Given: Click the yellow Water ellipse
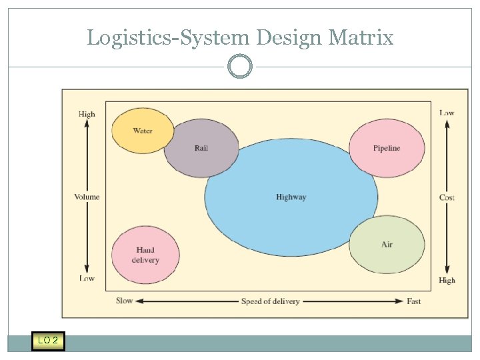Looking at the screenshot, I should click(x=142, y=131).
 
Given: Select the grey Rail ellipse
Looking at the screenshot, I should click(x=201, y=148).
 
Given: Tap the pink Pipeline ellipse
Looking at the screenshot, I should click(x=387, y=148).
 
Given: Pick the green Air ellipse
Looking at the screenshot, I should click(x=387, y=245).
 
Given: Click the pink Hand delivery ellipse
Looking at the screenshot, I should click(x=145, y=255).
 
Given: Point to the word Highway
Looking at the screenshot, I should click(x=291, y=197).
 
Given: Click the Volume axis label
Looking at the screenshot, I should click(x=87, y=197).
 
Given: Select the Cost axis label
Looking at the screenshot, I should click(x=447, y=197).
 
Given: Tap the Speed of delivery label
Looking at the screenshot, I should click(x=270, y=301).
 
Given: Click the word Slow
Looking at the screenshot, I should click(x=125, y=301).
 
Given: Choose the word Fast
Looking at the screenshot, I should click(x=414, y=301).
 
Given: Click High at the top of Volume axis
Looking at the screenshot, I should click(x=87, y=114).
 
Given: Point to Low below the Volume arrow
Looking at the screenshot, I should click(x=87, y=278).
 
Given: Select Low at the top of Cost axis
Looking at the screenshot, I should click(x=447, y=113).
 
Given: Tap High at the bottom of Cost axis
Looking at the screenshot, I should click(x=447, y=281).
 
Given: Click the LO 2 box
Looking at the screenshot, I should click(x=48, y=341).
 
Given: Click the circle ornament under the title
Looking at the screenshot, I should click(x=240, y=67).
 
